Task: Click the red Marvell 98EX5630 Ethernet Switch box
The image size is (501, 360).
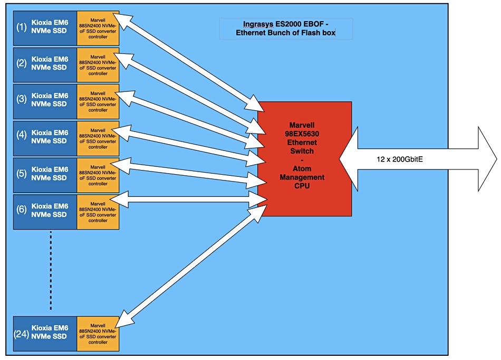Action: point(304,159)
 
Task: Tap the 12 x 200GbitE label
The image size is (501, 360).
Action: point(400,159)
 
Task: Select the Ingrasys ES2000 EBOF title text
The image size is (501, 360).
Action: point(286,29)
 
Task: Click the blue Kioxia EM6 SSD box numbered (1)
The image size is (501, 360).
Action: point(45,28)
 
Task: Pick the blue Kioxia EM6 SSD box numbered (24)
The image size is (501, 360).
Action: point(45,334)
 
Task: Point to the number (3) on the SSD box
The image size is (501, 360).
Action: point(22,99)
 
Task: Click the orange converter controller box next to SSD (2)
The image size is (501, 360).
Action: point(98,65)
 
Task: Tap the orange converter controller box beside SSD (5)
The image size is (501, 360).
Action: point(98,175)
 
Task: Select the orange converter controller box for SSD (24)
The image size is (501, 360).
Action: point(98,334)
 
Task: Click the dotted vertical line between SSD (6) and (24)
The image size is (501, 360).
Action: point(51,270)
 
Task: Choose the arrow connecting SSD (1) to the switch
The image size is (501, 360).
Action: point(191,63)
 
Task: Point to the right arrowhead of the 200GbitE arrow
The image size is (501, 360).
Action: point(488,159)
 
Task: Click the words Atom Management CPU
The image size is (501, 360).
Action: point(302,177)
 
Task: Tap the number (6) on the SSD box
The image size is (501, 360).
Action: point(22,210)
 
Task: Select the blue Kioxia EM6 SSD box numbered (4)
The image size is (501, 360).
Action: point(45,138)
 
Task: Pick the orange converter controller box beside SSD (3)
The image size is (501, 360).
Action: point(98,102)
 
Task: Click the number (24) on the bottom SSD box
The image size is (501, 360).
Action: point(22,334)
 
